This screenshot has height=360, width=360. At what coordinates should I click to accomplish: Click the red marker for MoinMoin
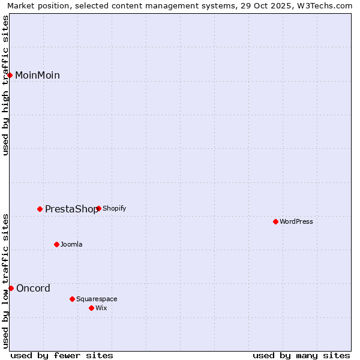click(x=10, y=75)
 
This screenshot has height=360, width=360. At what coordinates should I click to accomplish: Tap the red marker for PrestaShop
click(x=40, y=209)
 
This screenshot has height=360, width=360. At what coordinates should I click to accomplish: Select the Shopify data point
click(x=98, y=209)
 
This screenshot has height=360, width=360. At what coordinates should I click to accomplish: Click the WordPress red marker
click(x=275, y=221)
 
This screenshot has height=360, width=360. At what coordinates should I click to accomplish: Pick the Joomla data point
click(x=57, y=244)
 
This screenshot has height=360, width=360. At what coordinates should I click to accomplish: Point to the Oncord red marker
click(x=11, y=288)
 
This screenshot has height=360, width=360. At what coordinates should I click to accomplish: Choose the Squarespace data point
click(x=72, y=299)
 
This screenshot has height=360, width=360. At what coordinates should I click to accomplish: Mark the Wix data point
click(x=91, y=308)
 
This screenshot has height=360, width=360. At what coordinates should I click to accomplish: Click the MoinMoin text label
click(x=37, y=76)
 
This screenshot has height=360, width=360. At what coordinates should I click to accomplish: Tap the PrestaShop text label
click(x=71, y=209)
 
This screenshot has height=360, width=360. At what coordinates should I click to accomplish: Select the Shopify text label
click(x=114, y=209)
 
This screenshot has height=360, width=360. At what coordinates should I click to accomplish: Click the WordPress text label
click(x=296, y=221)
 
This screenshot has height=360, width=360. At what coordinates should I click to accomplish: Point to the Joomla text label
click(x=71, y=244)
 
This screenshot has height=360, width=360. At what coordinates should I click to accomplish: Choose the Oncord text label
click(x=33, y=289)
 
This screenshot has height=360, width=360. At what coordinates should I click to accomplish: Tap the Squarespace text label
click(x=97, y=299)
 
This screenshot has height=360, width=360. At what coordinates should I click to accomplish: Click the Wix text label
click(x=101, y=308)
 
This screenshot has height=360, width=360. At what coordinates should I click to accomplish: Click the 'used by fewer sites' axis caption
click(x=62, y=355)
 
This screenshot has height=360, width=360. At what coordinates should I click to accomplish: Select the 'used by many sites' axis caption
click(x=301, y=355)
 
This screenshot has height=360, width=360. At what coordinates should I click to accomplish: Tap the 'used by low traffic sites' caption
click(x=6, y=281)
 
